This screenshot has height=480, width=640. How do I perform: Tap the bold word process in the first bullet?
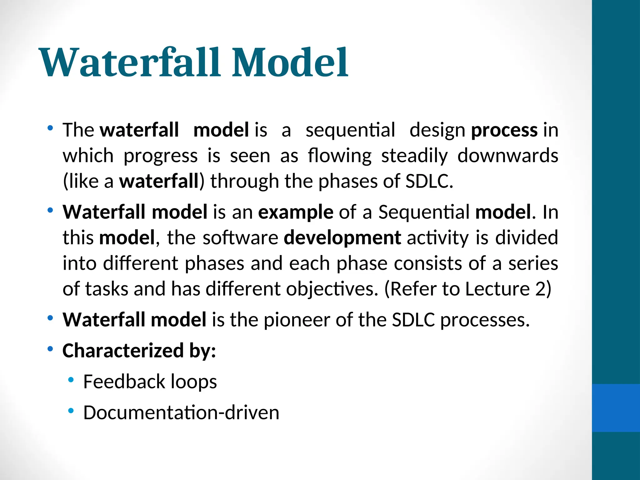(x=504, y=130)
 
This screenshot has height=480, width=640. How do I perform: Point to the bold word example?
(x=296, y=212)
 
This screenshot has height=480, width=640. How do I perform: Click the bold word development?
(x=342, y=238)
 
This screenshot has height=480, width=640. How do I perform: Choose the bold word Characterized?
(x=123, y=351)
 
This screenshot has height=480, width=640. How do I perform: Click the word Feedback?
(x=124, y=382)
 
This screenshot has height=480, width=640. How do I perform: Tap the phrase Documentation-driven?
(x=181, y=412)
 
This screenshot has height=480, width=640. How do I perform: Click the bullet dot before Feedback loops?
(x=71, y=380)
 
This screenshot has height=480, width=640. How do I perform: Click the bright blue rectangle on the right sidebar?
(x=616, y=408)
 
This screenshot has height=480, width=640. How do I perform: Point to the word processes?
(x=485, y=320)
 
